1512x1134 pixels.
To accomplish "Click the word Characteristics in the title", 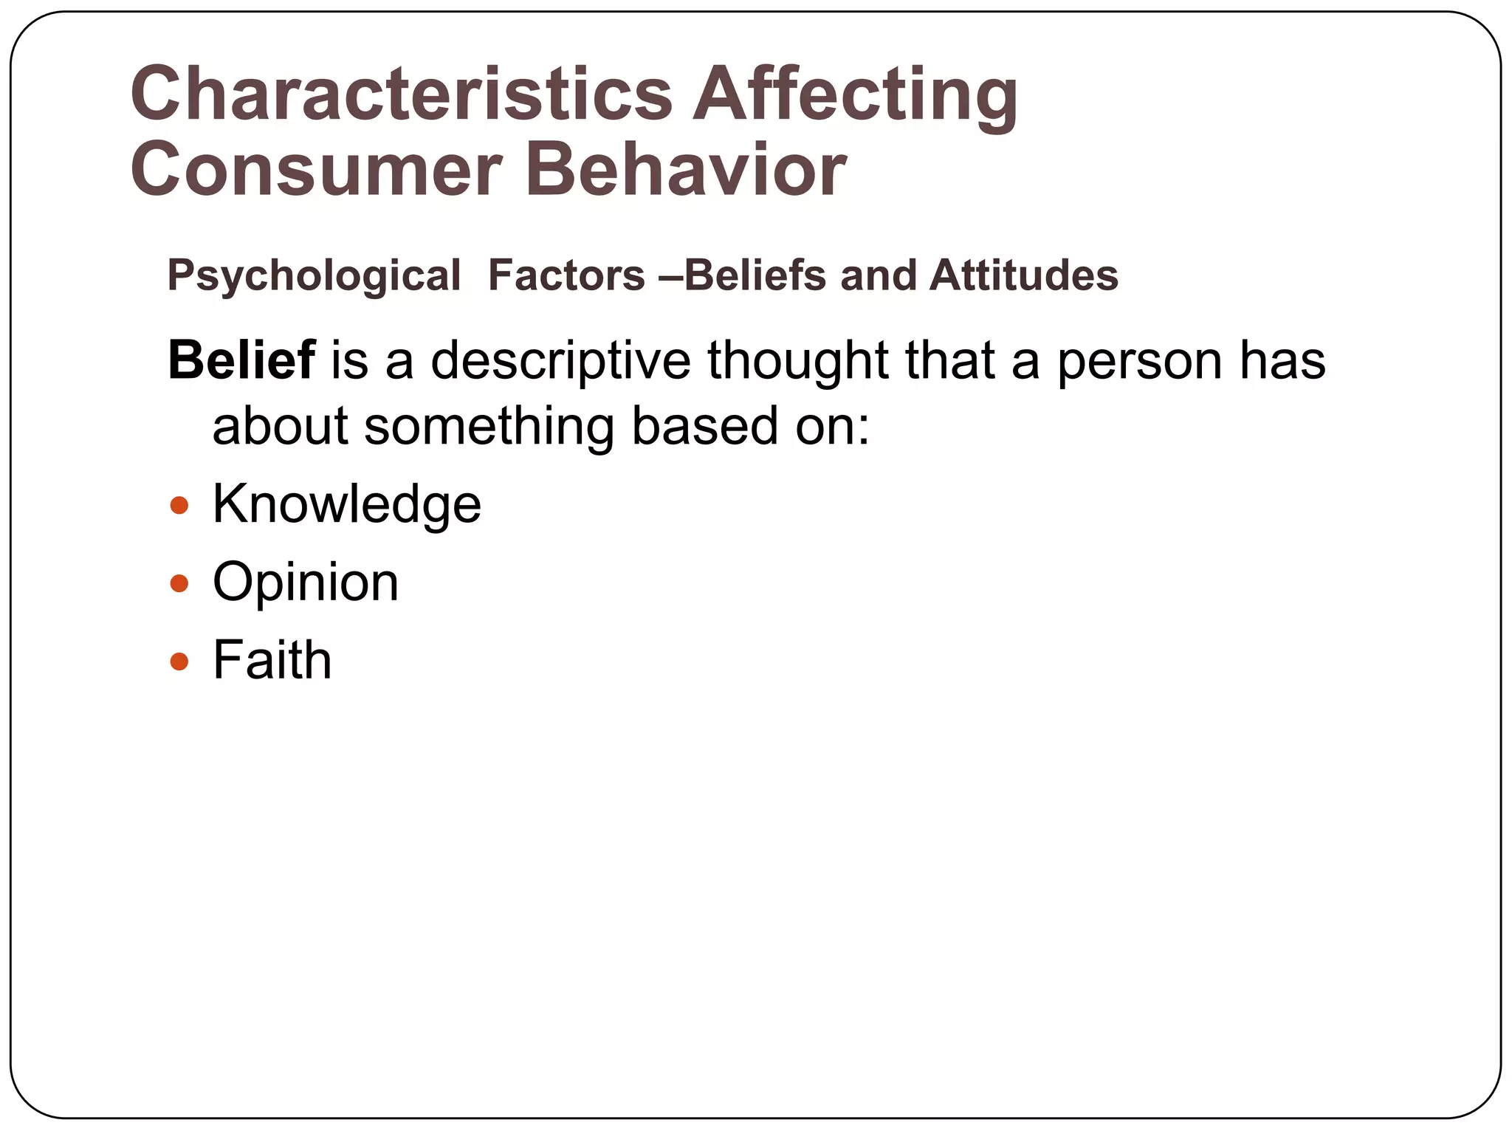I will click(401, 94).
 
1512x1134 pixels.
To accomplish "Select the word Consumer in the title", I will click(317, 170).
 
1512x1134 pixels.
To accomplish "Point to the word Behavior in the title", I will click(684, 170).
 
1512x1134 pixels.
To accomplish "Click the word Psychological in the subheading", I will click(314, 276).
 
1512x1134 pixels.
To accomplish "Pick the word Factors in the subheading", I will click(566, 275).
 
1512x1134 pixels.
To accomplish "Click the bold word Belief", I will click(241, 360).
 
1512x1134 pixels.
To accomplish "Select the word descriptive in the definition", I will click(560, 361).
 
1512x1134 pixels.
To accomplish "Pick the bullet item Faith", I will click(272, 660).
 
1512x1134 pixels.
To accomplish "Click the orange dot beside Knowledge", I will click(179, 506).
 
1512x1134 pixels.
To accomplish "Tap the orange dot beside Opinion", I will click(179, 584).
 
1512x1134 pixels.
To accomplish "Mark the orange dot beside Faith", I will click(179, 661).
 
